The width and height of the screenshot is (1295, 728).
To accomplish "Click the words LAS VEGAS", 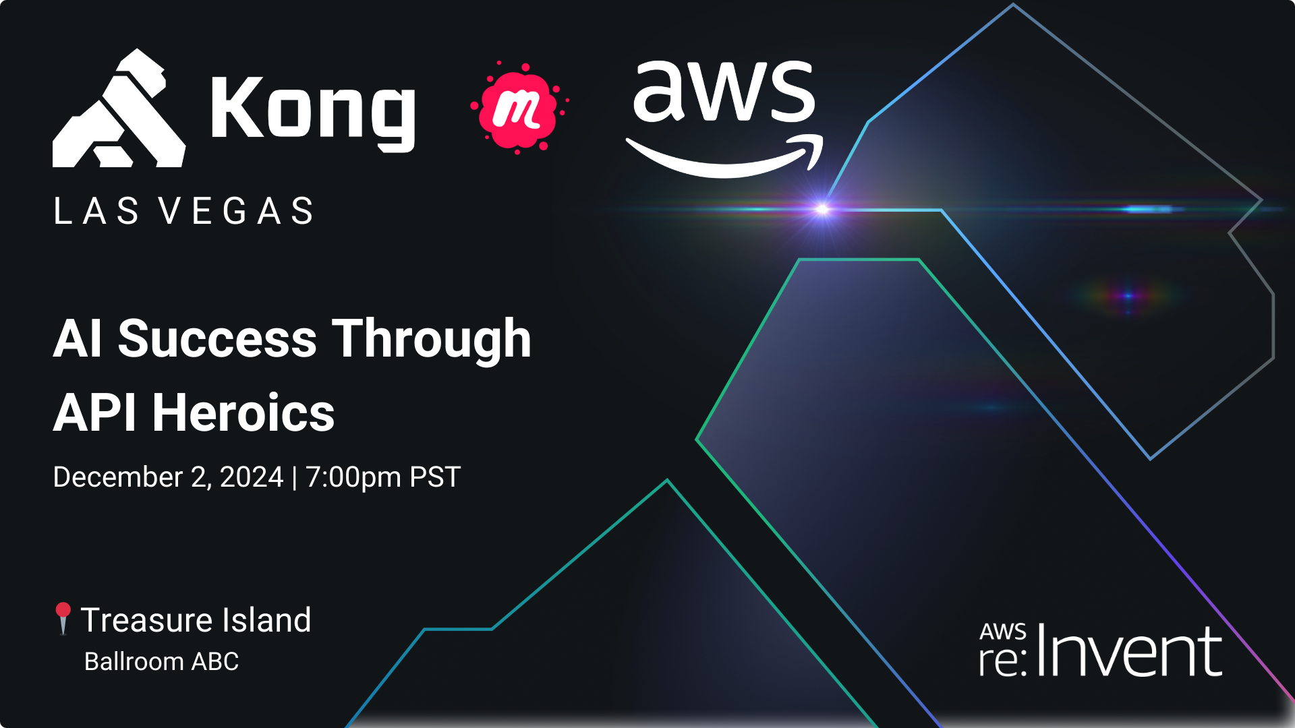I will (183, 211).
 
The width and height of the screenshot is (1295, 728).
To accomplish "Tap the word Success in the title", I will (217, 338).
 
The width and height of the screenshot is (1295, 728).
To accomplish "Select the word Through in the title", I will (432, 338).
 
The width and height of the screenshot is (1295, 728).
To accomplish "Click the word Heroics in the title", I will (243, 413).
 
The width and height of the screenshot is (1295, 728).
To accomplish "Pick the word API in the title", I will (95, 413).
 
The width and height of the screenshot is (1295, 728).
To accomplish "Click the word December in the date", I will (118, 477).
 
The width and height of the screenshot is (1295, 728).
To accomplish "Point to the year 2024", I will (251, 477).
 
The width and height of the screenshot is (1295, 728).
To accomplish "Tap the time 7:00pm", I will (353, 477).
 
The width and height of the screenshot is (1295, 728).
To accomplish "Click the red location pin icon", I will (63, 617).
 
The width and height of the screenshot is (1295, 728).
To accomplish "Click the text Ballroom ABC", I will (161, 661).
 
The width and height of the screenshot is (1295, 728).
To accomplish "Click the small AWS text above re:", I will (1003, 632).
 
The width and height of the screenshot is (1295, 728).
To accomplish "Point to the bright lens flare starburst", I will (822, 209).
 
